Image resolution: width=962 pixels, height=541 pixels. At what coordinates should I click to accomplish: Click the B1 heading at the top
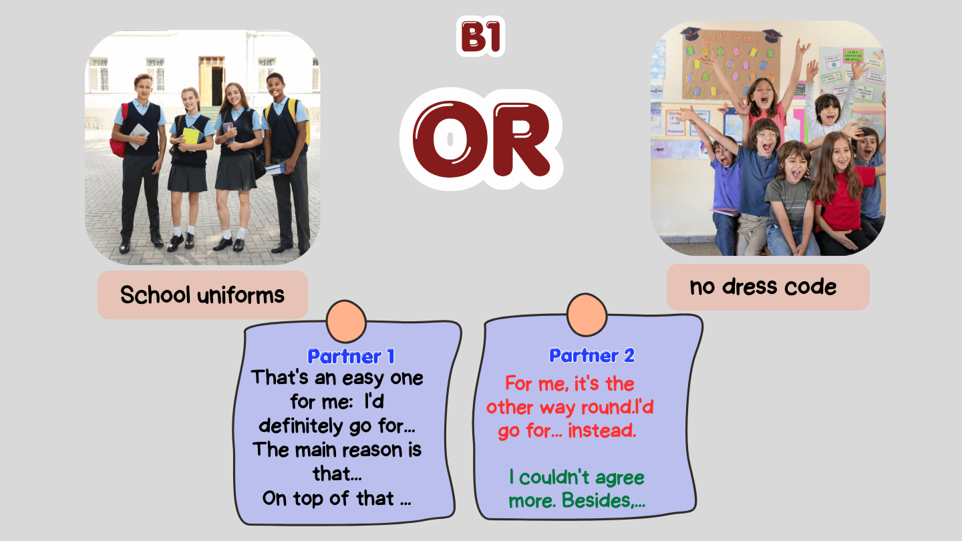480,37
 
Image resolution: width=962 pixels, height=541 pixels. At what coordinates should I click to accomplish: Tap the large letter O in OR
450,139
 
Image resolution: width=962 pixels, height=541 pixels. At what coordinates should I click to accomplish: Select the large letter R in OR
522,140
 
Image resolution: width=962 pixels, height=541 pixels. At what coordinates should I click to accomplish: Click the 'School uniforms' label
202,295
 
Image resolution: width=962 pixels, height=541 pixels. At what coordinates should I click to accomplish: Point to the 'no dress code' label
763,287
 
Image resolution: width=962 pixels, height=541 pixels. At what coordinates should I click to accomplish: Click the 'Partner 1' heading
351,357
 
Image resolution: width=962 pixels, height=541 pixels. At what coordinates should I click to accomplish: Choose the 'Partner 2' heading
592,355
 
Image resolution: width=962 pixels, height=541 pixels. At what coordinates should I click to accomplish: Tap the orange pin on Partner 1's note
346,321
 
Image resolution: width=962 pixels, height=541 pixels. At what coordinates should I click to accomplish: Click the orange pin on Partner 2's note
587,315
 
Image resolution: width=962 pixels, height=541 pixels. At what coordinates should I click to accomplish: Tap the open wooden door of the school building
211,81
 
